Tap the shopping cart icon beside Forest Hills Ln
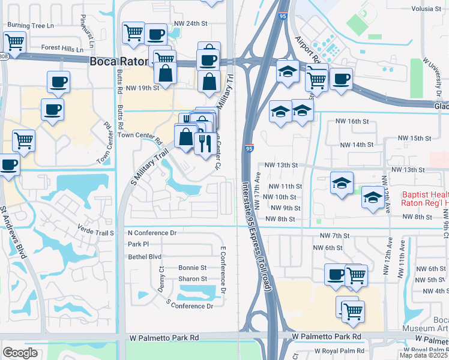(x=14, y=41)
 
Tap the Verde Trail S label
(x=95, y=230)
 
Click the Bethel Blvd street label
(x=145, y=256)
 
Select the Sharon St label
(x=192, y=279)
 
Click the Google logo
(x=20, y=352)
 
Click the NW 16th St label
(x=352, y=121)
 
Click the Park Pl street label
(x=138, y=244)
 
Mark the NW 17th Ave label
(x=258, y=191)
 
